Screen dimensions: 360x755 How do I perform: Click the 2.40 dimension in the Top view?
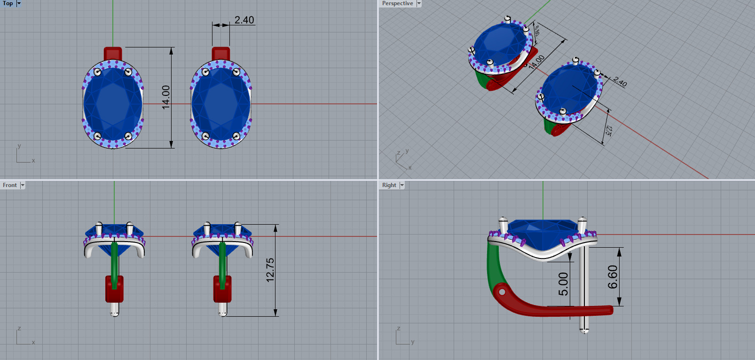coord(244,20)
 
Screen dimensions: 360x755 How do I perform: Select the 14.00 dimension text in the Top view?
coord(166,97)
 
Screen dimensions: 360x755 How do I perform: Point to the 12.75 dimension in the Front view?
coord(270,270)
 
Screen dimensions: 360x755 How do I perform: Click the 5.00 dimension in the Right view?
coord(563,284)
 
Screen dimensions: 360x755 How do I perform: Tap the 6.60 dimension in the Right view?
coord(613,277)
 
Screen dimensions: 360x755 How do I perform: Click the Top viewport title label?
coord(8,3)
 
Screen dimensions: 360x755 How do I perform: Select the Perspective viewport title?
coord(397,3)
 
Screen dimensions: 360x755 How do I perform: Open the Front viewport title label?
coord(10,185)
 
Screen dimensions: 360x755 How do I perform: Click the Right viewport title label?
coord(389,185)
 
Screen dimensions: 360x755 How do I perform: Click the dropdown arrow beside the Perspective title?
coord(419,3)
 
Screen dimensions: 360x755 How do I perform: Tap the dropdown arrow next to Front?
coord(23,185)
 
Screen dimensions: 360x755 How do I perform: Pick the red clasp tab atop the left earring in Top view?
coord(113,53)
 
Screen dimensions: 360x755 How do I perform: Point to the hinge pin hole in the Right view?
coord(502,292)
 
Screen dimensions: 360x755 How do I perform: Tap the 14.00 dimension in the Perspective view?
coord(536,62)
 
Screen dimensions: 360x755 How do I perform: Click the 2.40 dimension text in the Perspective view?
coord(620,82)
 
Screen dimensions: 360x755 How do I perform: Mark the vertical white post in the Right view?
coord(584,282)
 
